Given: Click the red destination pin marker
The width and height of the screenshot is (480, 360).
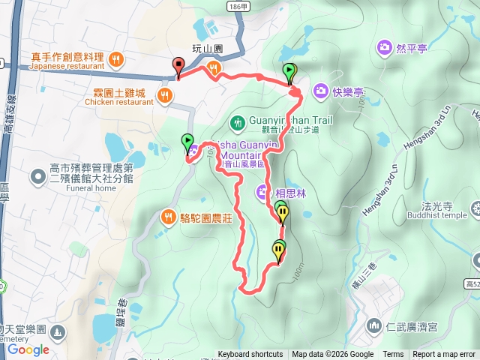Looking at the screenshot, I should [178, 66].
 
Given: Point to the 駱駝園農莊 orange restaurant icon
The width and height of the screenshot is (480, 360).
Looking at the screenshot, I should [169, 218].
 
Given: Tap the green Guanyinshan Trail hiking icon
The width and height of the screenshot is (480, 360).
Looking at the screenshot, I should [237, 120].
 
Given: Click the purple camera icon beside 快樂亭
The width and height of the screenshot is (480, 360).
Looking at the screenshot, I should [320, 91].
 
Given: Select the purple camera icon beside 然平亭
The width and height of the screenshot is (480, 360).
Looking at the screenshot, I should [385, 49].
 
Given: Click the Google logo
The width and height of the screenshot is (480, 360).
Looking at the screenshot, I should [28, 349].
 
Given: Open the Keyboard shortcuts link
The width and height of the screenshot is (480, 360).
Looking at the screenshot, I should [250, 355].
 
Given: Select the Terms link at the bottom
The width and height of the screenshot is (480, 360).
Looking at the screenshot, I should [393, 355].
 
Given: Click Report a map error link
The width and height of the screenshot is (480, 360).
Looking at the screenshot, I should [444, 355].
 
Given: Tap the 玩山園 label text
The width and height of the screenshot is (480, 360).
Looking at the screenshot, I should [208, 49].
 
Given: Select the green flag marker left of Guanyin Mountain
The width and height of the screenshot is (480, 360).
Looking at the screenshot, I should [187, 142].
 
